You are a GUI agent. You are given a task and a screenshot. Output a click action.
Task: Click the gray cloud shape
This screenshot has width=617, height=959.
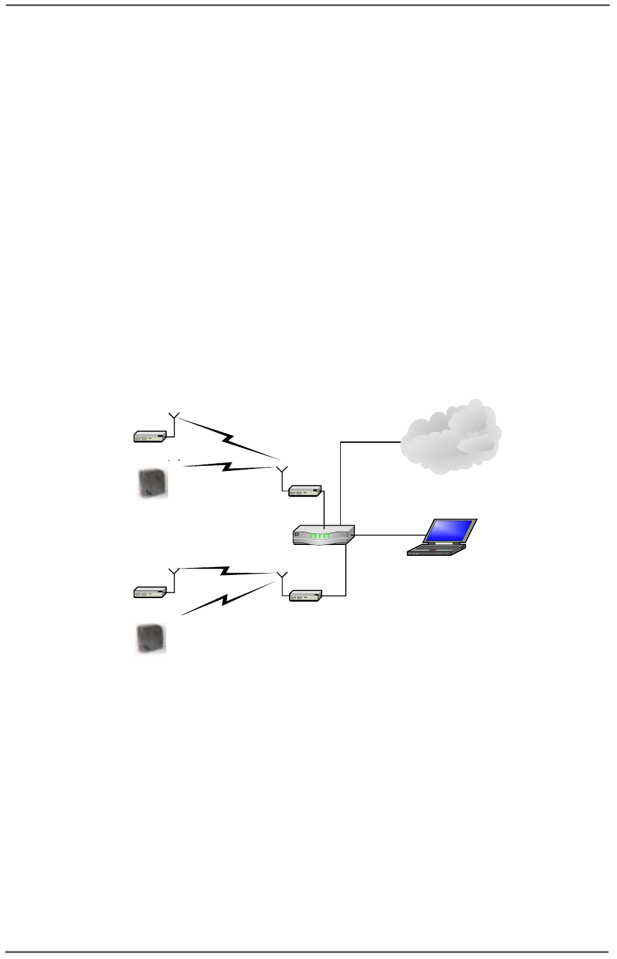[451, 438]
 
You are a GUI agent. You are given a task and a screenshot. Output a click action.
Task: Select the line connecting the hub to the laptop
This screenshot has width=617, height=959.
[390, 535]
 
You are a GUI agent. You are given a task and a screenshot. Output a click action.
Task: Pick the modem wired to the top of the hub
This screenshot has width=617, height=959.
[304, 491]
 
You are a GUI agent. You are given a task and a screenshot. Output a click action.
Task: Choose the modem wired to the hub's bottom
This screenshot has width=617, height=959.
[305, 595]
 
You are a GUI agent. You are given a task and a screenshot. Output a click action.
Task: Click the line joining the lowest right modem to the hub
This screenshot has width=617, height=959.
[345, 572]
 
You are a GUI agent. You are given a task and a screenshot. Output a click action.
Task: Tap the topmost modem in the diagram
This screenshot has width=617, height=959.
[150, 436]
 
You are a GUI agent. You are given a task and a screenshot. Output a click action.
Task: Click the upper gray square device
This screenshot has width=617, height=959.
[153, 483]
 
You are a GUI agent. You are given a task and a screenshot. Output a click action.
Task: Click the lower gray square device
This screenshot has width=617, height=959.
[151, 638]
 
